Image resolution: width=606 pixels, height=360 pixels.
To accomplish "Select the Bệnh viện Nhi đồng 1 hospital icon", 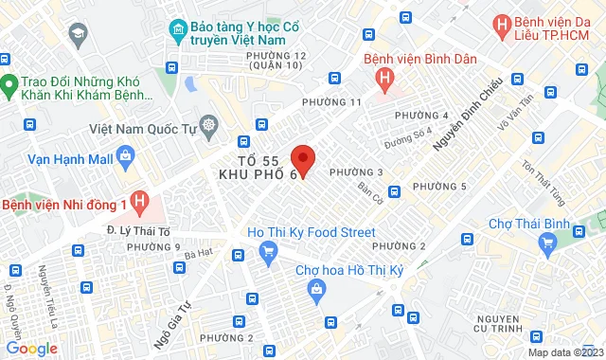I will click(140, 203).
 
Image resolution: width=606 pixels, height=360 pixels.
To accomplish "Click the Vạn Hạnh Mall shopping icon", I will click(127, 158).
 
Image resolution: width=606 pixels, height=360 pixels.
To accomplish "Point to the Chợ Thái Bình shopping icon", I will click(546, 243).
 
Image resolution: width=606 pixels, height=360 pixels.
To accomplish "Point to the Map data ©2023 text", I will click(564, 352).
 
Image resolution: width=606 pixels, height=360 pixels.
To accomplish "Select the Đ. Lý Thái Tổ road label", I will click(132, 229).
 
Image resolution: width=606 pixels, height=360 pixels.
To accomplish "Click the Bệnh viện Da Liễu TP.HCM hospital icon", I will click(501, 25).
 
